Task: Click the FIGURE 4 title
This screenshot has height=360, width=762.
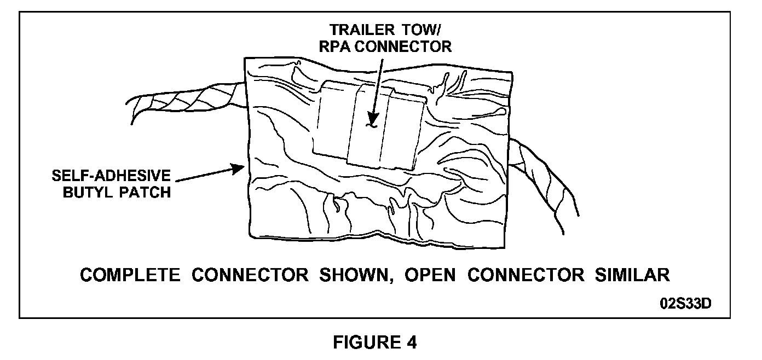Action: click(x=375, y=342)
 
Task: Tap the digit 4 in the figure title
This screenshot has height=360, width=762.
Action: click(x=411, y=342)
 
